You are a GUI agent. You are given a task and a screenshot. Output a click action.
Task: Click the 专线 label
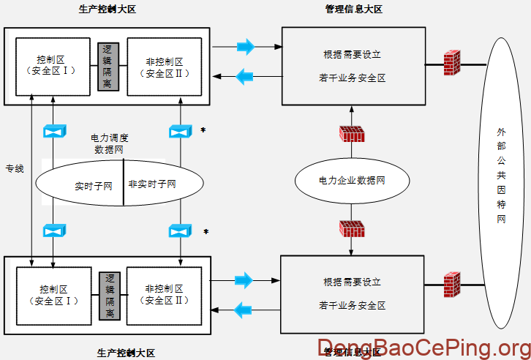tap(15, 169)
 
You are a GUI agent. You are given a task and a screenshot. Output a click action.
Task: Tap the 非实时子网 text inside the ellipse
tap(152, 184)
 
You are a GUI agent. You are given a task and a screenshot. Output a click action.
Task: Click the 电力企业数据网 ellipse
tap(351, 180)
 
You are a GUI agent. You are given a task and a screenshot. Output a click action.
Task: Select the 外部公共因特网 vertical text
tap(501, 176)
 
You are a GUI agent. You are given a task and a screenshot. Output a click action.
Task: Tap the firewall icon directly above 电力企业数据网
tap(351, 134)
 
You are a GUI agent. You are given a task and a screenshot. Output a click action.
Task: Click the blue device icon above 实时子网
tap(54, 131)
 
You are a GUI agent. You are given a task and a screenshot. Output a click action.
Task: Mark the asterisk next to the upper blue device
tap(203, 131)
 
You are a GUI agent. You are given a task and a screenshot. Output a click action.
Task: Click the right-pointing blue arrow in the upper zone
tap(246, 47)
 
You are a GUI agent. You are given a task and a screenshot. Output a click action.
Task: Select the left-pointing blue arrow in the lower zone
tap(244, 310)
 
